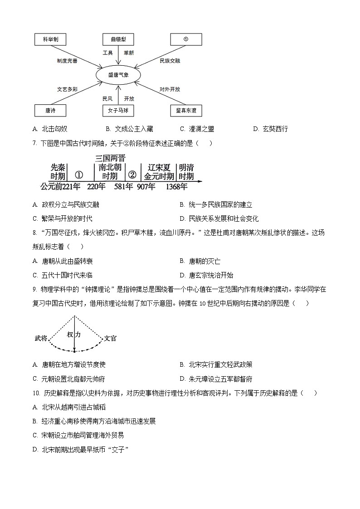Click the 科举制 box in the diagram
pyautogui.click(x=50, y=39)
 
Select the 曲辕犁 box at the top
pyautogui.click(x=118, y=39)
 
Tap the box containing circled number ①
pyautogui.click(x=186, y=39)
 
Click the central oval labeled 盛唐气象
pyautogui.click(x=118, y=75)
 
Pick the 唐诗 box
pyautogui.click(x=50, y=110)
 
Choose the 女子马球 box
pyautogui.click(x=118, y=110)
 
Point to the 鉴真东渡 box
pyautogui.click(x=186, y=110)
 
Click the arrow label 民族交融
pyautogui.click(x=170, y=60)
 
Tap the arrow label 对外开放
pyautogui.click(x=170, y=89)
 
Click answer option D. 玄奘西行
pyautogui.click(x=271, y=129)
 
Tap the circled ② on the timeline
pyautogui.click(x=132, y=175)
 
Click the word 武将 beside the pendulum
pyautogui.click(x=41, y=338)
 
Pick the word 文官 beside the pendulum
pyautogui.click(x=111, y=338)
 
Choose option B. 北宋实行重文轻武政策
pyautogui.click(x=216, y=364)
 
